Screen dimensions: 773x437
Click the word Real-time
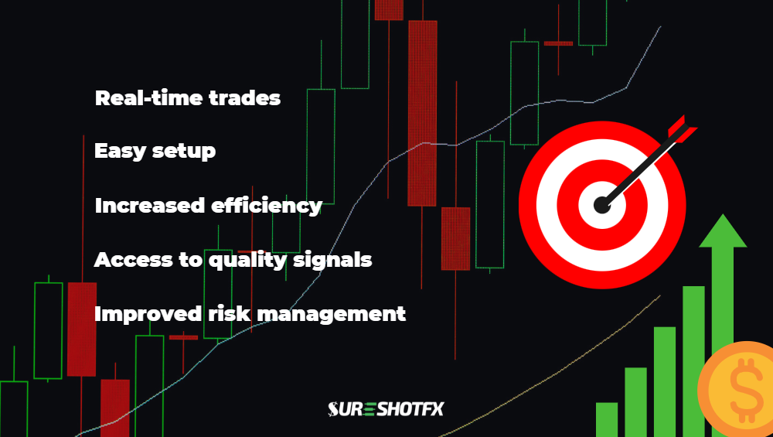pos(149,97)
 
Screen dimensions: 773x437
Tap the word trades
pos(244,97)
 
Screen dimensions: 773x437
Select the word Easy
pos(121,151)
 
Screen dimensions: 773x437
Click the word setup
pos(184,152)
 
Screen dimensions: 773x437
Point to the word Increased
pos(150,205)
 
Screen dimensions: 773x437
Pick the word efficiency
pos(266,206)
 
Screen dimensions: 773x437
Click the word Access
pos(133,259)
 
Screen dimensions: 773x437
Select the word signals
pos(332,260)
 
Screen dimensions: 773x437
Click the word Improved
pos(148,314)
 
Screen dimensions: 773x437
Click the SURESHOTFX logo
pos(386,409)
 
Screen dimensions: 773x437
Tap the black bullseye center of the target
pos(602,205)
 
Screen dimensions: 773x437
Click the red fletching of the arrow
pos(683,129)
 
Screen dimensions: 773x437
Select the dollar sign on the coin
pos(747,390)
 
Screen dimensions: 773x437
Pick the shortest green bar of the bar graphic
pos(607,420)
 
